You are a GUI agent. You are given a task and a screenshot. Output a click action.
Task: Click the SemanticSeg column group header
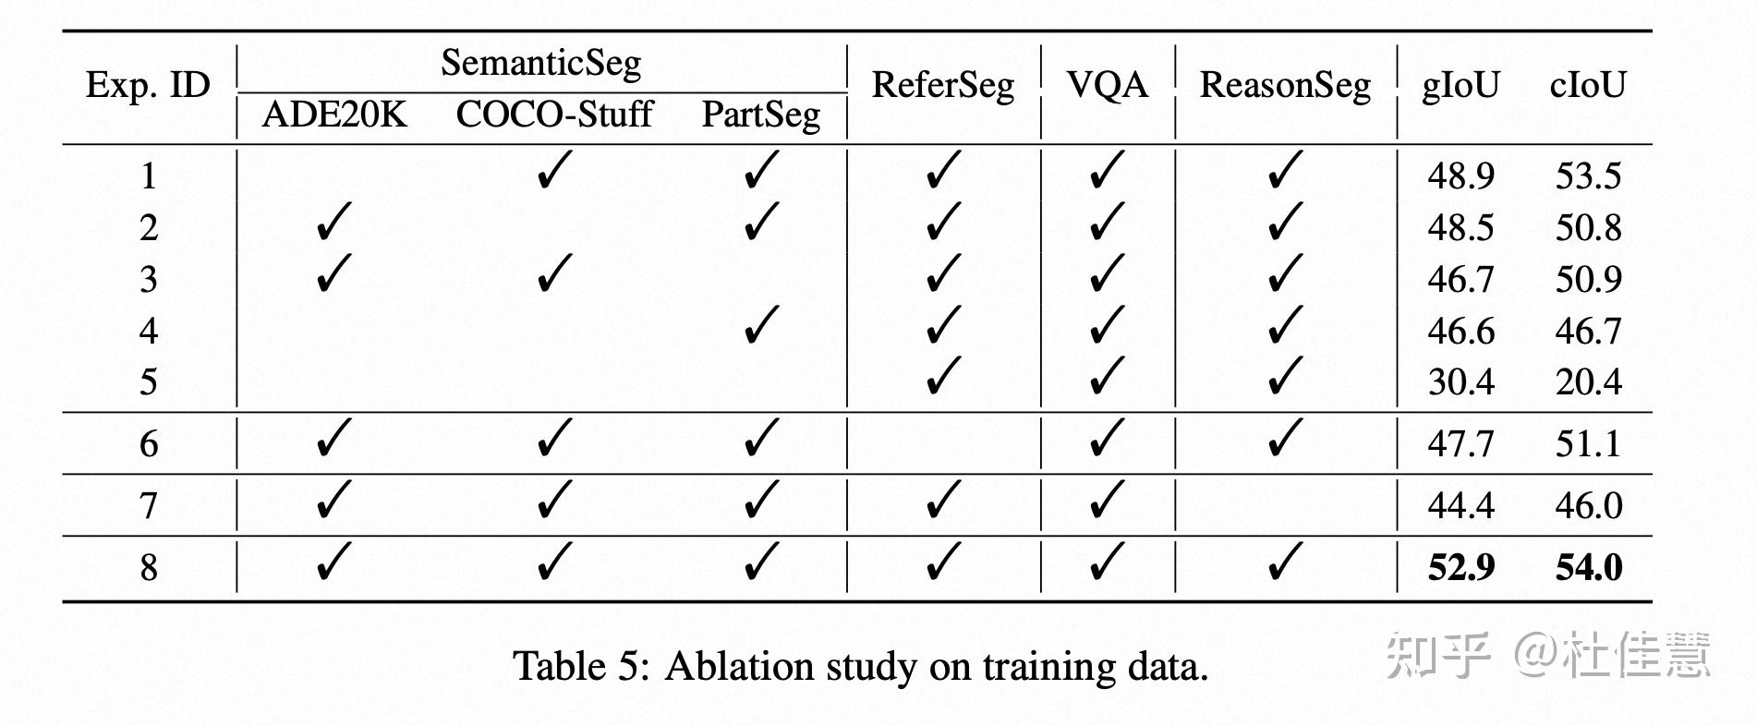540,64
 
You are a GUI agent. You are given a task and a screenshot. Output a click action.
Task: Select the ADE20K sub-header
333,115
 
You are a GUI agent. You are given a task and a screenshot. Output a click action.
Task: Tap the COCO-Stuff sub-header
553,115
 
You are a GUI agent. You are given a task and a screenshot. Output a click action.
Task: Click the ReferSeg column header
942,86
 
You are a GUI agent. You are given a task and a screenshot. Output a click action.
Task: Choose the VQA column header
1107,86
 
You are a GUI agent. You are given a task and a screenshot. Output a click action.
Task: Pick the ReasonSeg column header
1285,86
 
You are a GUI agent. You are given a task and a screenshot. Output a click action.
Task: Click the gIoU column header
1460,86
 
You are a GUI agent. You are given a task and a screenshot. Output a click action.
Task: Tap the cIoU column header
1588,86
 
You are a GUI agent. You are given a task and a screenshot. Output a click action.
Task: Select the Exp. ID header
148,86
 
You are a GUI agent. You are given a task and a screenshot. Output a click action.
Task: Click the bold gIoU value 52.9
1460,567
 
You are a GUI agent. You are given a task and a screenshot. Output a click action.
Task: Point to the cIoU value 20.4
1588,381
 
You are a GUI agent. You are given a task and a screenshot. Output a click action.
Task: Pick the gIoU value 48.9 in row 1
1460,175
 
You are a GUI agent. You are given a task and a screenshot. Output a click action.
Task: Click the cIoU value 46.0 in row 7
1588,505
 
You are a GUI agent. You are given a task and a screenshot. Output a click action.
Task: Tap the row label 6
149,444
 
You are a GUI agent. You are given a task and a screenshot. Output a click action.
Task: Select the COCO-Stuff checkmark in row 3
553,274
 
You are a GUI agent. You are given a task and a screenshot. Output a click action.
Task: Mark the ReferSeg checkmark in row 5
942,377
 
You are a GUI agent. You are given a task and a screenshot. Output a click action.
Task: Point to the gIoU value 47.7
1460,444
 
